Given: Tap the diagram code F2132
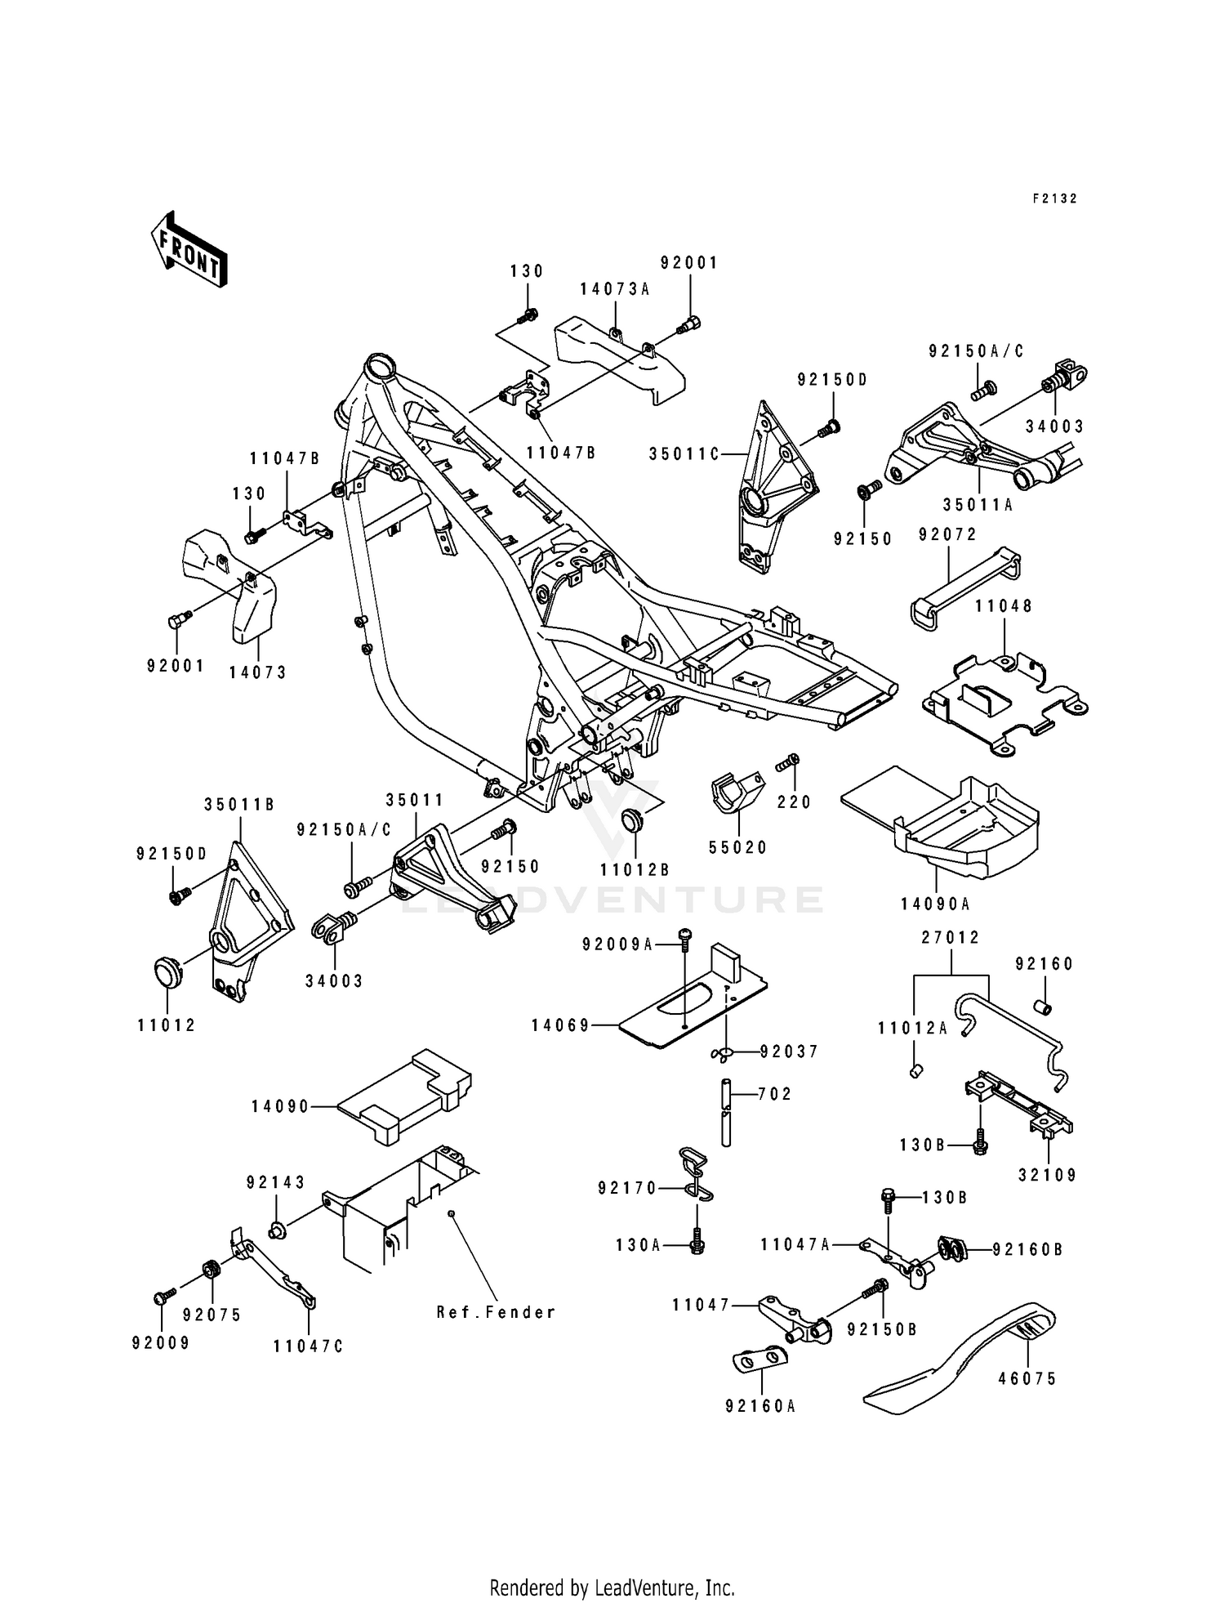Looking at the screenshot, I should click(1054, 199).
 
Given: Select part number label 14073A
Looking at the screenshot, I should click(615, 289).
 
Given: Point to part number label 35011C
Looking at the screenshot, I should click(684, 454).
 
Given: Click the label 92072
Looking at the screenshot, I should click(947, 534).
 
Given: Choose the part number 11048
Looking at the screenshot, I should click(1004, 606).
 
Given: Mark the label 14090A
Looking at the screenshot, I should click(935, 904).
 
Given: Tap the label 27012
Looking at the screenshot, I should click(951, 938).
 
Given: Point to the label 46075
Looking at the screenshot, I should click(1027, 1379).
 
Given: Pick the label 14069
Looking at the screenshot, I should click(560, 1025).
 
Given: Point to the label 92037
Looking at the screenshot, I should click(789, 1052).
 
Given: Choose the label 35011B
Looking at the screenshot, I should click(238, 805).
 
